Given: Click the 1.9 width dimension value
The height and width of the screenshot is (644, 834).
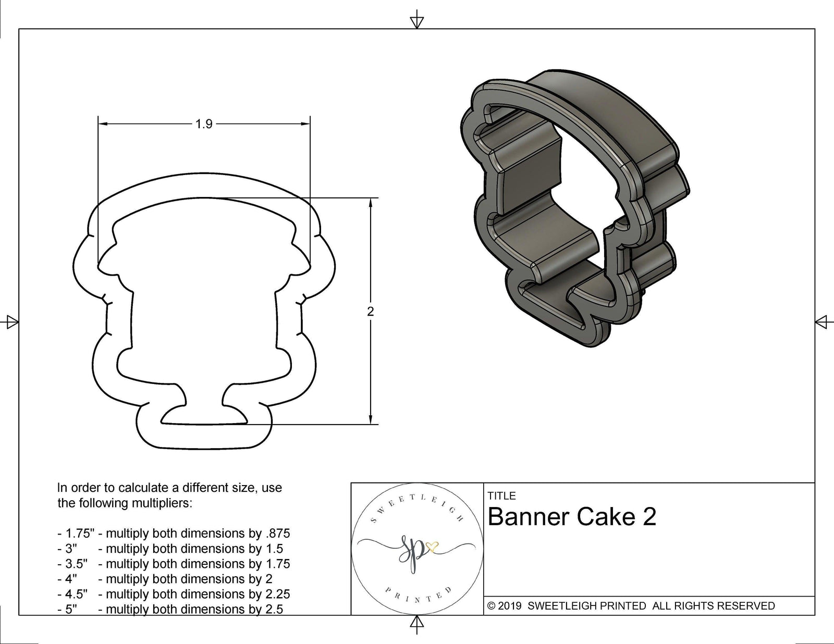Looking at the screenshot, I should click(204, 124).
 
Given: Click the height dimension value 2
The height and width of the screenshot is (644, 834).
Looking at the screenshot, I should click(371, 312).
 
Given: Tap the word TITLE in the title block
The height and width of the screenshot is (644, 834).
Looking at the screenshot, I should click(501, 496).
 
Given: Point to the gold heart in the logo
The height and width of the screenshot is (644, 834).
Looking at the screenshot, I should click(432, 546).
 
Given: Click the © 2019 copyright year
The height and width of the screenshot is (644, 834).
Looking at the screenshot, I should click(505, 605).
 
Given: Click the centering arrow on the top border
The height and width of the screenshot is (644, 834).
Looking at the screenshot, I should click(416, 21).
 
